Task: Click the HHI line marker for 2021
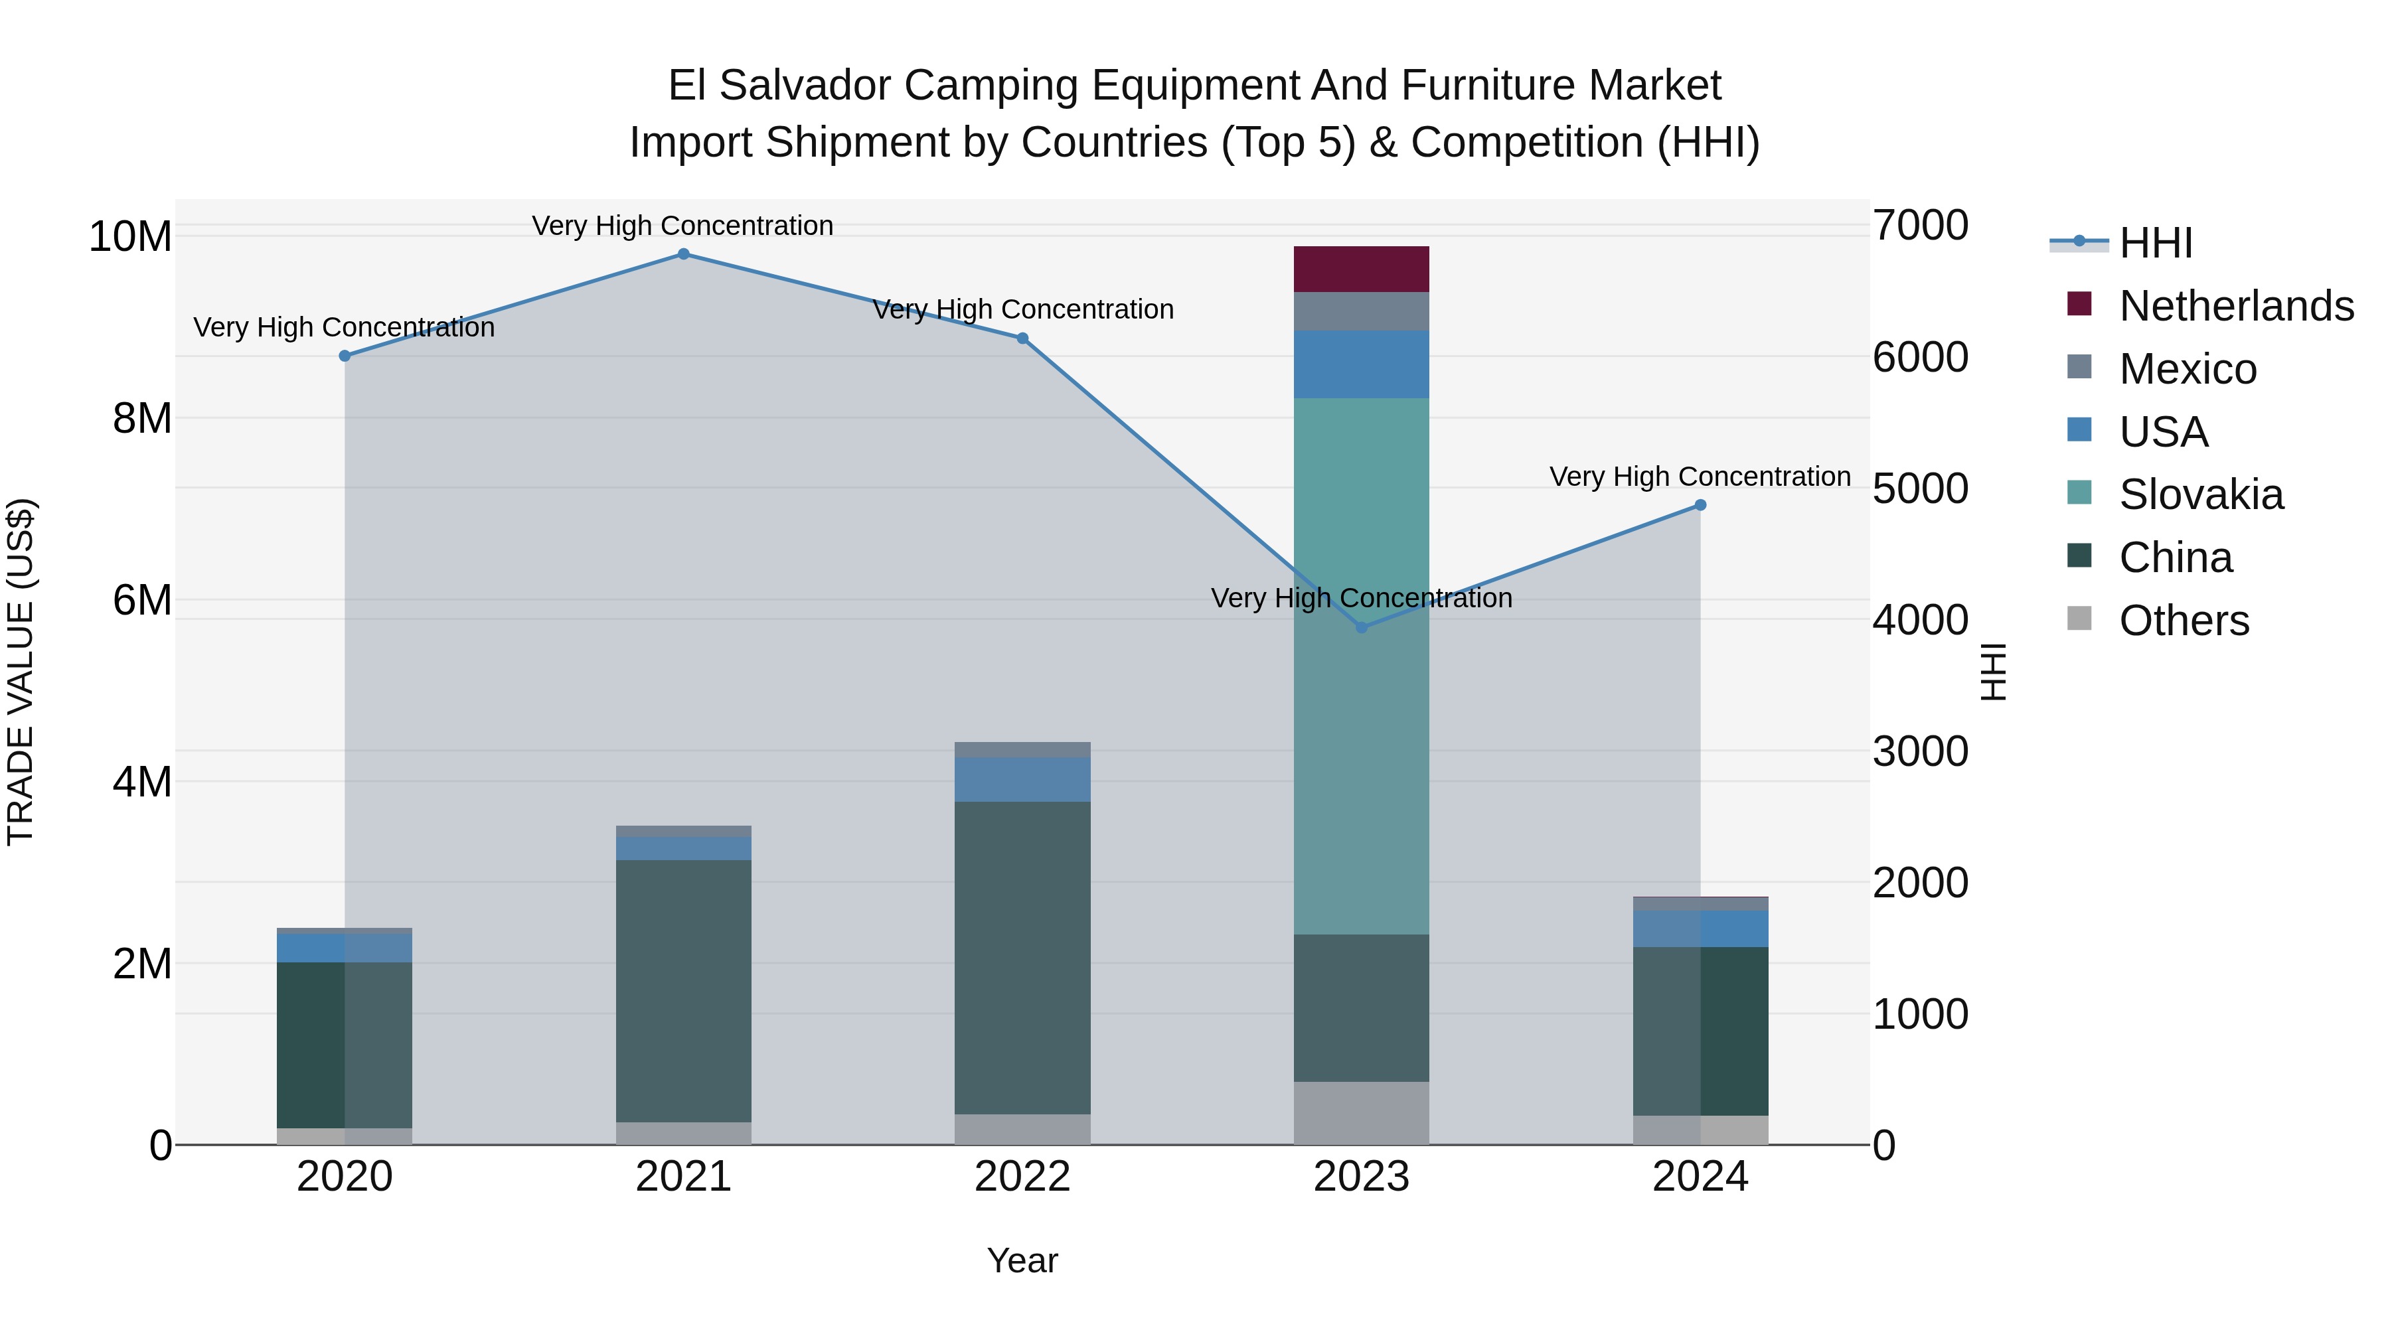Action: (683, 254)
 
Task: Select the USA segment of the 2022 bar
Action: (1022, 779)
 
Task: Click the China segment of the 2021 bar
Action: (683, 991)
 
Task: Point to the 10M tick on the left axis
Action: (130, 236)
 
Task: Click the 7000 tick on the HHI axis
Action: (1919, 226)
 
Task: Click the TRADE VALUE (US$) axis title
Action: (21, 672)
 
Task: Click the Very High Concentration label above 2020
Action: (344, 327)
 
